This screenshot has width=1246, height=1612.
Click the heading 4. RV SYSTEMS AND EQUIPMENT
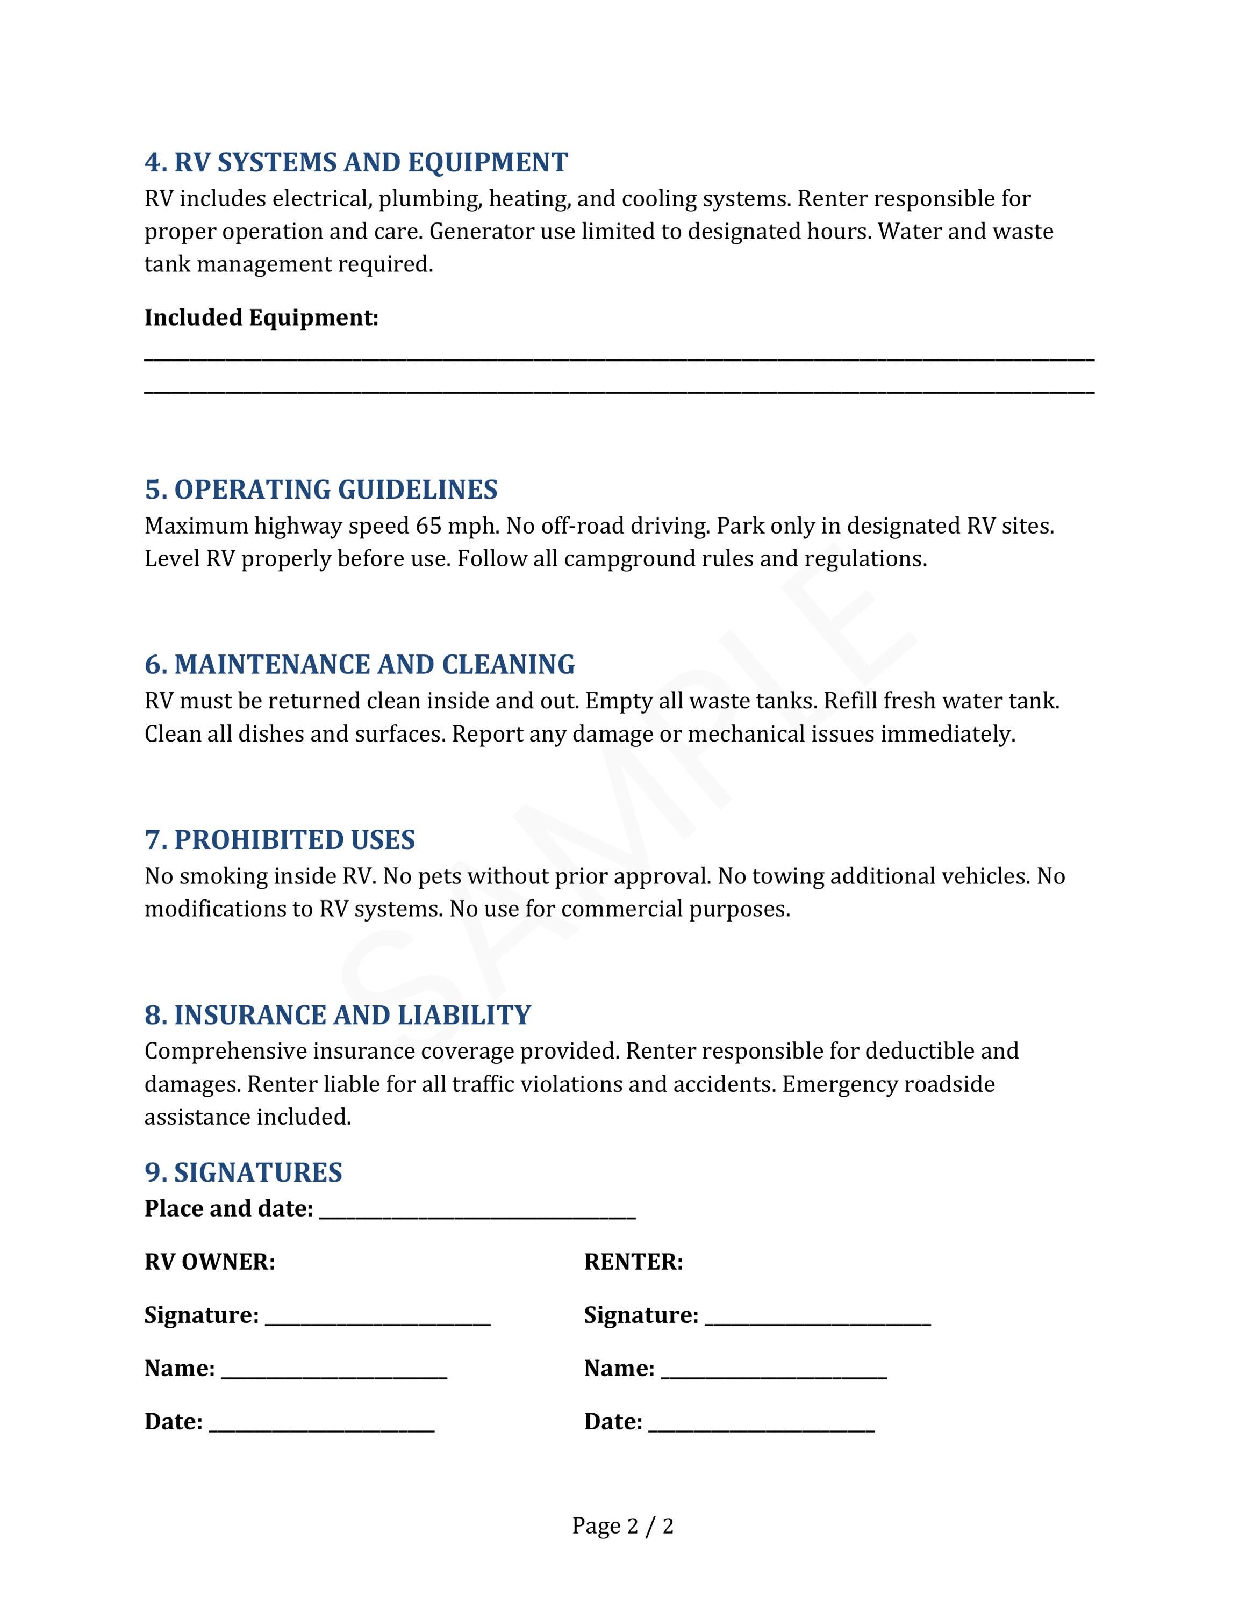(x=356, y=162)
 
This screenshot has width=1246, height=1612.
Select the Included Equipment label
(x=261, y=318)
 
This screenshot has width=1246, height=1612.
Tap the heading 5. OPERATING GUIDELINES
(x=321, y=490)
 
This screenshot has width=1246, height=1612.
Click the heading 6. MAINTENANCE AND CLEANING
(x=360, y=664)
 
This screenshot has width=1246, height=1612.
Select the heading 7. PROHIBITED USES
(x=280, y=839)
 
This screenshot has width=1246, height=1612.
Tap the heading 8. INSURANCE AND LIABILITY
(x=338, y=1015)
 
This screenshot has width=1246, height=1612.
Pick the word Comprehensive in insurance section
(x=225, y=1050)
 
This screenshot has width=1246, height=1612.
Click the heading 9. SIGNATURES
(x=243, y=1172)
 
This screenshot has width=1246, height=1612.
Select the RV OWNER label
(x=210, y=1262)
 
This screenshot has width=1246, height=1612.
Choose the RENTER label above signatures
(x=633, y=1262)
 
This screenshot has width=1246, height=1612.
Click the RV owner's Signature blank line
(x=377, y=1318)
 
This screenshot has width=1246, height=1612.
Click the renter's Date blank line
(x=761, y=1424)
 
